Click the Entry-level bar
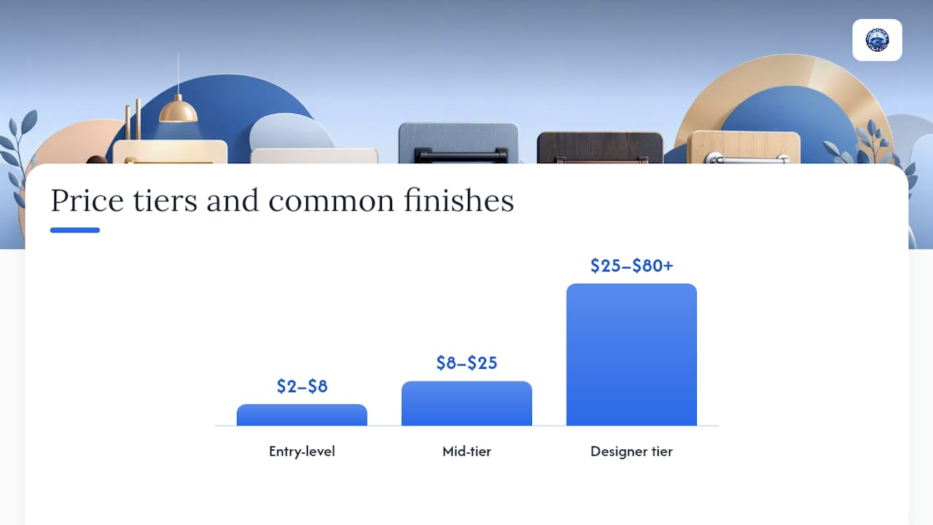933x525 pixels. [302, 415]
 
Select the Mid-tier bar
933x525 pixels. [466, 403]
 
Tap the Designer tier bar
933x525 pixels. [631, 354]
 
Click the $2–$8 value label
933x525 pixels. [302, 386]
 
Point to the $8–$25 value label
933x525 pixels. [466, 363]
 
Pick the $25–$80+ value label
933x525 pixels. [631, 266]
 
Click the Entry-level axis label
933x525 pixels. [302, 451]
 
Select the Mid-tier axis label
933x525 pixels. [466, 451]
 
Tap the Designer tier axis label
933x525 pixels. [631, 451]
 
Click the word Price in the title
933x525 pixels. [87, 201]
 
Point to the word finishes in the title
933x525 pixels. [458, 200]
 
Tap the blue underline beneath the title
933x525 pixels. [75, 230]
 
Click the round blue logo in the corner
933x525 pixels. [877, 40]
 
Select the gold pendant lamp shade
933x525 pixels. [179, 110]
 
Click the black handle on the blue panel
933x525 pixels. [461, 156]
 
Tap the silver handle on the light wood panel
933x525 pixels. [747, 158]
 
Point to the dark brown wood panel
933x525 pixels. [600, 147]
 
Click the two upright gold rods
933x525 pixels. [133, 120]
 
